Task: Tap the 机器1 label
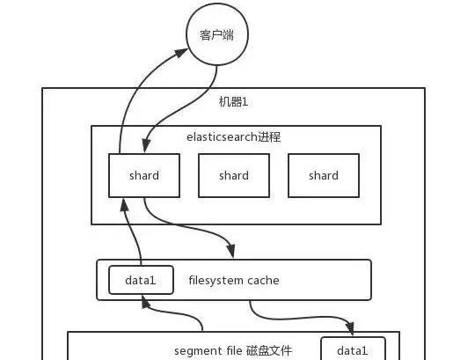(233, 102)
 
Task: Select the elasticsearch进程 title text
(234, 137)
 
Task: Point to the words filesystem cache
(234, 280)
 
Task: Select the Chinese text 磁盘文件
(269, 350)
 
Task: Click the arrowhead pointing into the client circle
(181, 53)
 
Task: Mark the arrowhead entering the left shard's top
(146, 145)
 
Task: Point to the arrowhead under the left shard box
(125, 204)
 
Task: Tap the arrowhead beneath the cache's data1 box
(145, 302)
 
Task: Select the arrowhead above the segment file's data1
(350, 328)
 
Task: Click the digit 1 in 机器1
(245, 102)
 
